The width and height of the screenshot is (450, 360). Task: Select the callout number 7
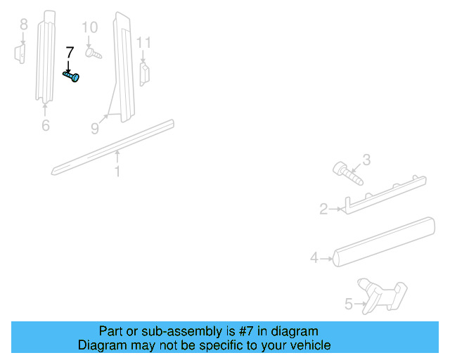pos(69,53)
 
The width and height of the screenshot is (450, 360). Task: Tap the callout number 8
pos(23,25)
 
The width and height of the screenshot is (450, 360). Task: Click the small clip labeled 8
pos(20,53)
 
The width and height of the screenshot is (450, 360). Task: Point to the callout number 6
pos(46,126)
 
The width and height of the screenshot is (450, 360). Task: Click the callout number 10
pos(90,28)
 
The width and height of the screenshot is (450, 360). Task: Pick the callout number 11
pos(143,43)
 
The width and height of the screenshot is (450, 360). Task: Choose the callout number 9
pos(95,129)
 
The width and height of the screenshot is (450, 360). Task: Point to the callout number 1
pos(117,171)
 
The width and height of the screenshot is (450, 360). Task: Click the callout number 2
pos(323,209)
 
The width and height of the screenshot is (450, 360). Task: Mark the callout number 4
pos(314,258)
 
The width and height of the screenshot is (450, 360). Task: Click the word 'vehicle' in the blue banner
pos(307,345)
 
